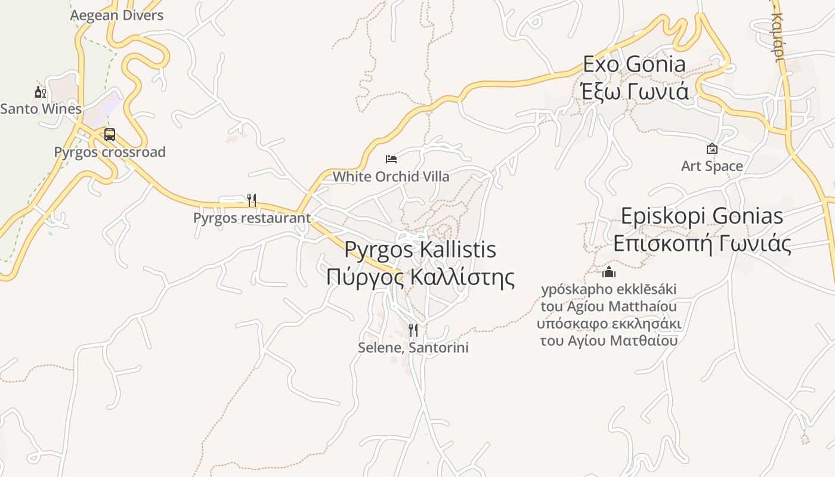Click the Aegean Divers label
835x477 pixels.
[117, 16]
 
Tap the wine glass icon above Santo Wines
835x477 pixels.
[40, 92]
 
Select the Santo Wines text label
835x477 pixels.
[41, 109]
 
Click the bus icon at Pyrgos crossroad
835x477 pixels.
[110, 135]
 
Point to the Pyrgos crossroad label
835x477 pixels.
[110, 152]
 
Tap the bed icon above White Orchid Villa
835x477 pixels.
[391, 159]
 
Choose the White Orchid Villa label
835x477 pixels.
[391, 176]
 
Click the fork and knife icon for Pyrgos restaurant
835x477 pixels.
[252, 200]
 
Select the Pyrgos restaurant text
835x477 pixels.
[252, 218]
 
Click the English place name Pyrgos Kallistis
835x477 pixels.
[420, 249]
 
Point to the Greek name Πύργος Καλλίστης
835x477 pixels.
[420, 277]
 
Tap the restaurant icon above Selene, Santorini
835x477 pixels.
[413, 330]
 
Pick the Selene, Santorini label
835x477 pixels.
[413, 348]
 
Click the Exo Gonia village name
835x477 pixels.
[635, 64]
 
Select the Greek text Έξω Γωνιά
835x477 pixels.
[635, 91]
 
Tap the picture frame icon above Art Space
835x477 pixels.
[712, 148]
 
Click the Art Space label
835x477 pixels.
[712, 166]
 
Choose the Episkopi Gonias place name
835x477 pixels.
[702, 216]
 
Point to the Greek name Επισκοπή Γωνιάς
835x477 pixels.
[702, 243]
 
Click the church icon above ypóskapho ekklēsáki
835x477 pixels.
[609, 272]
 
